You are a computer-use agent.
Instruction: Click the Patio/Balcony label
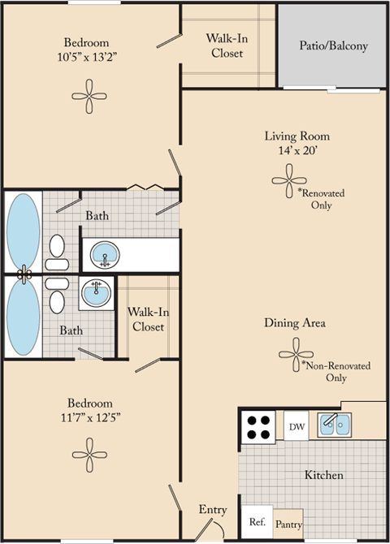coord(333,45)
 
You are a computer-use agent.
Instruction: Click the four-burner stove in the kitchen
coord(259,427)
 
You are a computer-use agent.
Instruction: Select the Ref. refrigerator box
coord(256,521)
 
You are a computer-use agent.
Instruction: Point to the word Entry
coord(213,509)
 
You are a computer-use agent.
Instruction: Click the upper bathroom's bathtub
coord(23,230)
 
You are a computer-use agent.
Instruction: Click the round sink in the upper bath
coord(103,254)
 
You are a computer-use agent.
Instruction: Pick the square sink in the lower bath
coord(97,292)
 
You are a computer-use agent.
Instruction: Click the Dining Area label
coord(294,323)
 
